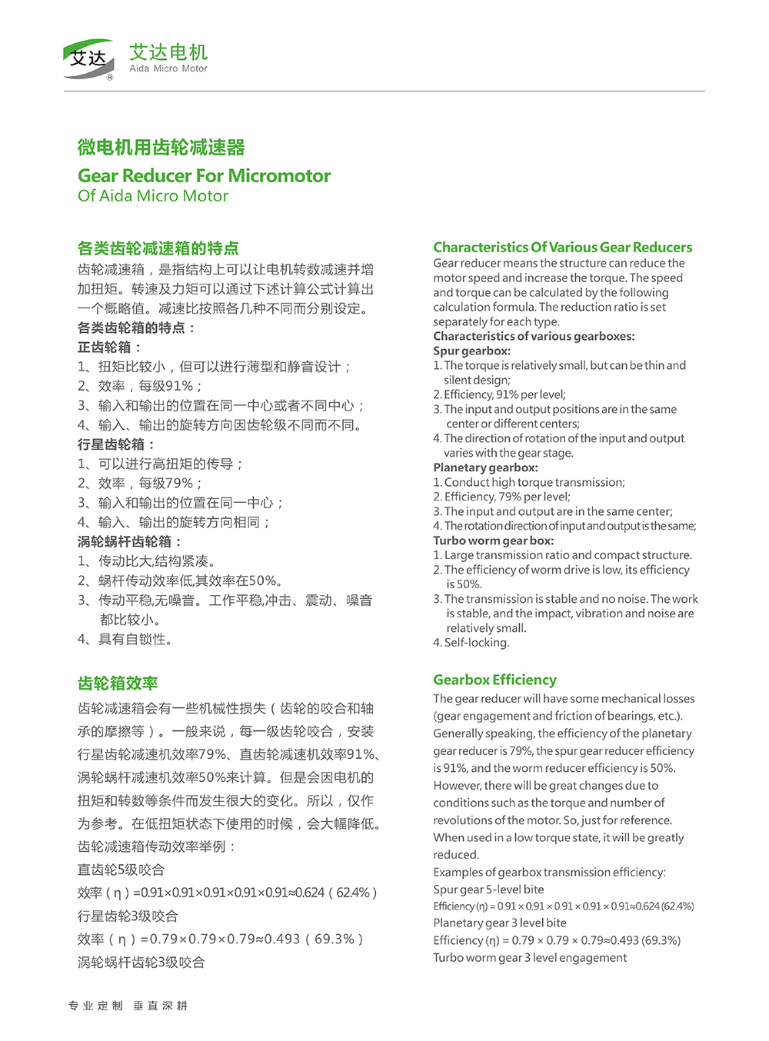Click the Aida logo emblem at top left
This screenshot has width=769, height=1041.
tap(88, 59)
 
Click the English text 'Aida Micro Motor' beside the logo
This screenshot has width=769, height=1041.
tap(168, 68)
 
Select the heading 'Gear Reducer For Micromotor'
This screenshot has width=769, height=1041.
tap(204, 176)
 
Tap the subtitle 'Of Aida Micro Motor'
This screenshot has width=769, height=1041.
tap(153, 196)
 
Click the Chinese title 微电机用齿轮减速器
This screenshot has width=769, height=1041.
tap(161, 148)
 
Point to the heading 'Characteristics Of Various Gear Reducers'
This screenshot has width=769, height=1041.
tap(562, 248)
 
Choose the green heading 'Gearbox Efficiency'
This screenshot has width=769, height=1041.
tap(494, 680)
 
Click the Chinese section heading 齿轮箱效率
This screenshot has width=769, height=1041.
tap(118, 683)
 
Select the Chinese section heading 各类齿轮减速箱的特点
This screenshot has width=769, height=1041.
tap(158, 248)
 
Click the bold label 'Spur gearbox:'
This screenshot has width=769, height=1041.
tap(471, 351)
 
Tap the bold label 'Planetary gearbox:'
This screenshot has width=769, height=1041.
tap(485, 467)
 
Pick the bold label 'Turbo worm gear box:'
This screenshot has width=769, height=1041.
tap(493, 540)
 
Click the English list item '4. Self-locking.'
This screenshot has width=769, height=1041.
tap(471, 643)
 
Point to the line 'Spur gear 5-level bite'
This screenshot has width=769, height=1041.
tap(488, 889)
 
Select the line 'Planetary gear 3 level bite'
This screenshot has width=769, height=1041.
tap(499, 923)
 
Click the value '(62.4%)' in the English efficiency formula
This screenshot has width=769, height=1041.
tap(677, 906)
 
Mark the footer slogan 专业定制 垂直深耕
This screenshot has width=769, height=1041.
tap(128, 1006)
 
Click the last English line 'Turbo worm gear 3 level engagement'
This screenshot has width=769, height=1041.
tap(530, 957)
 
